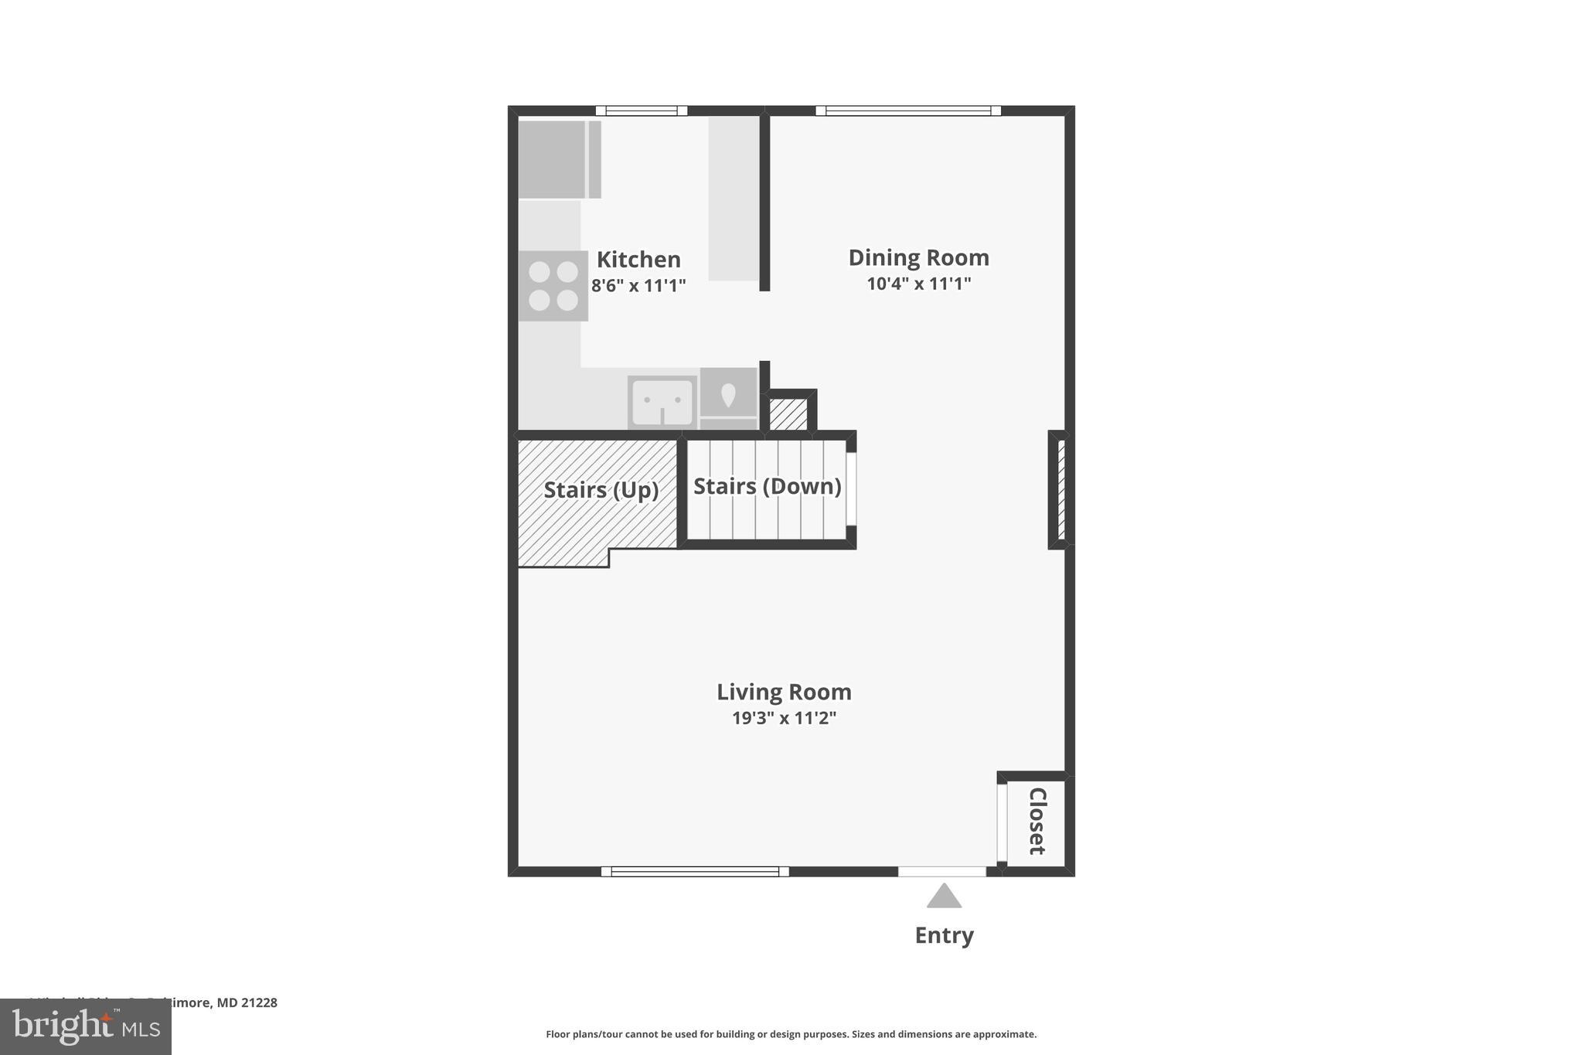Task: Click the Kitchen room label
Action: (638, 259)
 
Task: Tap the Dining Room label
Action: (918, 257)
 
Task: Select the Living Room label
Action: (784, 692)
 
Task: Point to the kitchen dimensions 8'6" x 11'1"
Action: (638, 286)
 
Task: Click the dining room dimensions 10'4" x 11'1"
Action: (918, 284)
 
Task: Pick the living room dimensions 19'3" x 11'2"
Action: (784, 718)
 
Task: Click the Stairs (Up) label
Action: (601, 490)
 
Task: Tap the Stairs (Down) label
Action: (767, 486)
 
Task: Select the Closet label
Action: (1037, 821)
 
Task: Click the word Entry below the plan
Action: (944, 935)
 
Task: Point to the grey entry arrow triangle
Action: (944, 897)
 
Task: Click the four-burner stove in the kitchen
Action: (553, 286)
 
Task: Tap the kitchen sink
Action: (662, 402)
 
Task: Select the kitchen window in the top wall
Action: (641, 111)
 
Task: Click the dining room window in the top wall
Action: (908, 111)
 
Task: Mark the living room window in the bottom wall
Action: (695, 872)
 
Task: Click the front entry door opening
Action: (941, 872)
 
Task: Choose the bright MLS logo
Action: (86, 1027)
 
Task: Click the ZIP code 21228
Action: (258, 1002)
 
